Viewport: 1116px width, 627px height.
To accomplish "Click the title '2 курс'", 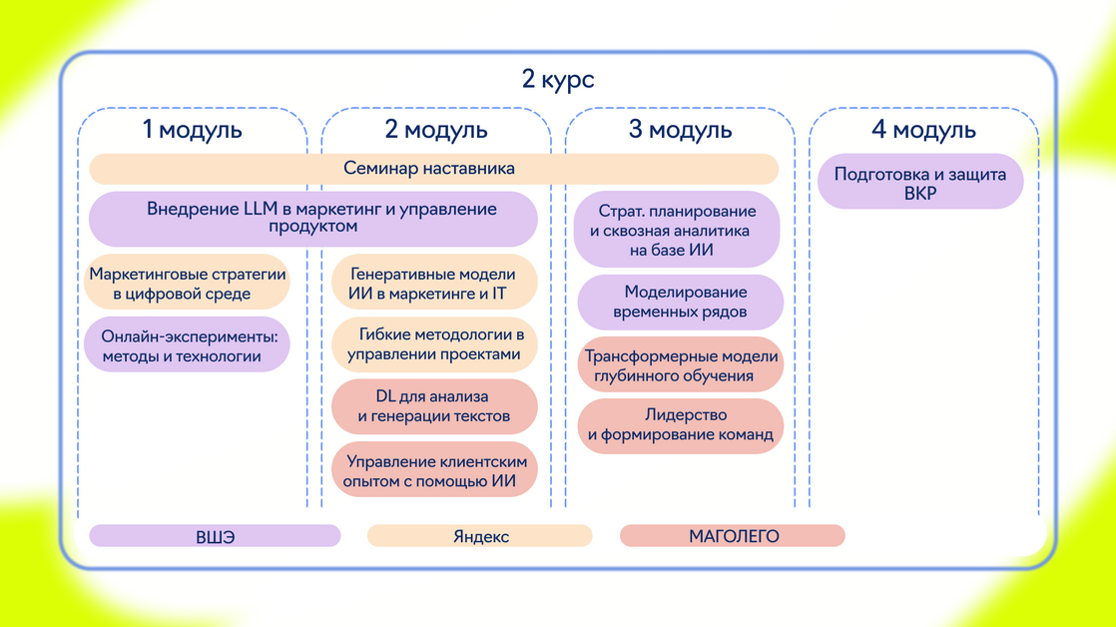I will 557,79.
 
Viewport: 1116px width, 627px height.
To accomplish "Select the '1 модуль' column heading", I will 192,129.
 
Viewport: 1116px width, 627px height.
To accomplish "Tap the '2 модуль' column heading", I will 436,129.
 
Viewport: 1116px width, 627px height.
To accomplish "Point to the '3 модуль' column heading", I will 680,129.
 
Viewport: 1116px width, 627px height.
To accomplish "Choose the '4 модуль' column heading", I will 923,129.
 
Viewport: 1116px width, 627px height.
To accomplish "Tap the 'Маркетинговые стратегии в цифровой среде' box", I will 187,284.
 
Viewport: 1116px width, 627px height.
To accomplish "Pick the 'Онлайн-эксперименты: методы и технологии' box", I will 187,345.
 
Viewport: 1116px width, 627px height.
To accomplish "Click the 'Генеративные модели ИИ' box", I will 434,284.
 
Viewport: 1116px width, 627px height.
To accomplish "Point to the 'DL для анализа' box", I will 434,406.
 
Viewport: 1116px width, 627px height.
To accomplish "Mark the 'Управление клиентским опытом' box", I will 434,470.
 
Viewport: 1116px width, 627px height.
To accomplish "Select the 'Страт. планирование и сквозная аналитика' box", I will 678,231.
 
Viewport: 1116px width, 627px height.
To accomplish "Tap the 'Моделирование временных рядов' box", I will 681,302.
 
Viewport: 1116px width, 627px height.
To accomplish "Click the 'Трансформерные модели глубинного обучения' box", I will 681,365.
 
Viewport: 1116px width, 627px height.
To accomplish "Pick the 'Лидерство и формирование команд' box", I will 681,425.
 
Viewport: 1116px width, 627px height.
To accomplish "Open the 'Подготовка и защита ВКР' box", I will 919,182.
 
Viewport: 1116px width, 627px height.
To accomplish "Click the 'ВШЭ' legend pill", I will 215,536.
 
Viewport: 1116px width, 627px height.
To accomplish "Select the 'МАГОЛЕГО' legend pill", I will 733,536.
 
